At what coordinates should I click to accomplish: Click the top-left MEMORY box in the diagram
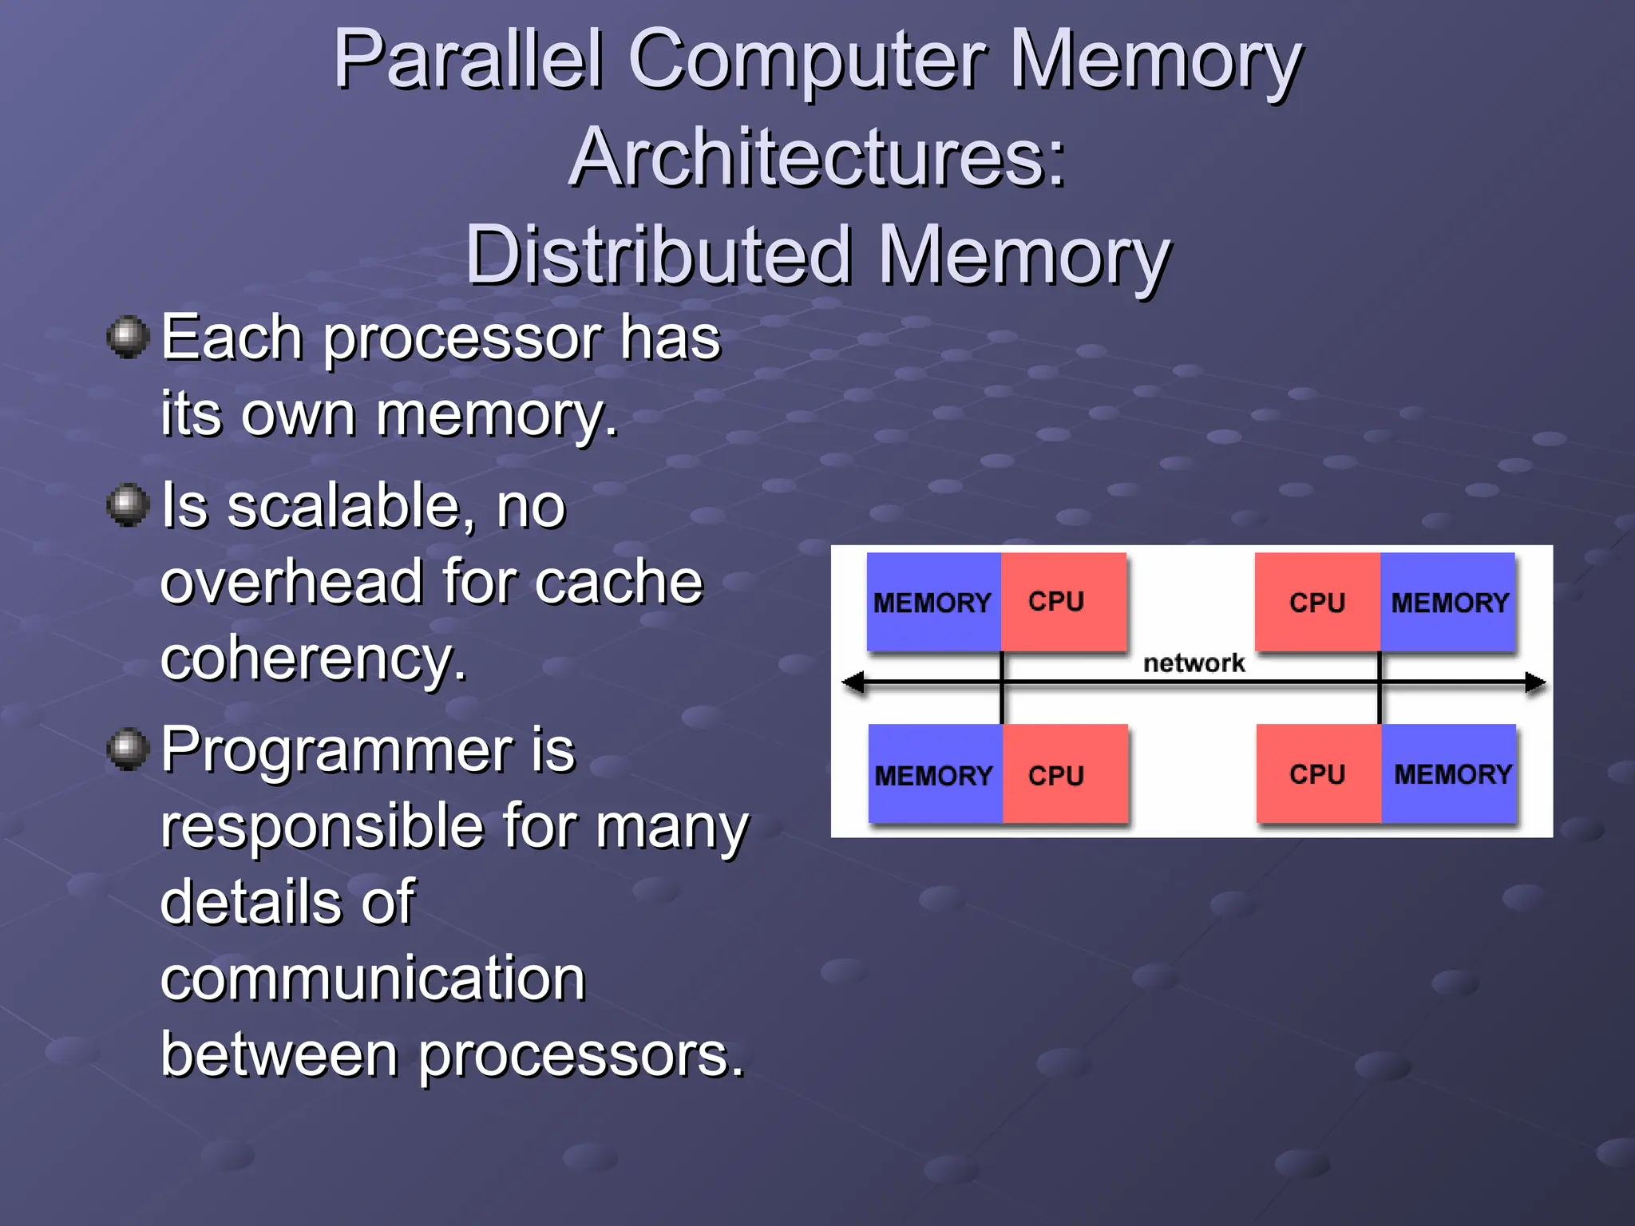tap(933, 602)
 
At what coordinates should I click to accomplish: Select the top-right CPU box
tap(1317, 602)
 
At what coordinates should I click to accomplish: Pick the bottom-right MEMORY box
tap(1450, 773)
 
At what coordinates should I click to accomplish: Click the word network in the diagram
tap(1194, 662)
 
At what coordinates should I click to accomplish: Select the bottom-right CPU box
tap(1318, 773)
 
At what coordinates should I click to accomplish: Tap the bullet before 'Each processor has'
tap(128, 337)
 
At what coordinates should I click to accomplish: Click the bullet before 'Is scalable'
tap(128, 505)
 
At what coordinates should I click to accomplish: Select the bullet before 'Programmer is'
tap(128, 749)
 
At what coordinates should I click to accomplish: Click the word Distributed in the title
tap(658, 255)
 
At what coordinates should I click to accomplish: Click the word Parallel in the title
tap(468, 60)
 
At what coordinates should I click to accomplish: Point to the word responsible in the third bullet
tap(321, 826)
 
